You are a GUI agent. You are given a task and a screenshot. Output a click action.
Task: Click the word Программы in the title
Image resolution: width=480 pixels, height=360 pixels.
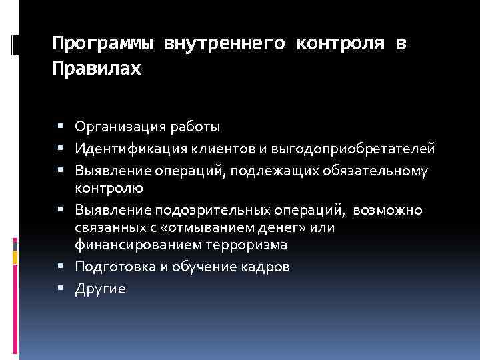click(103, 44)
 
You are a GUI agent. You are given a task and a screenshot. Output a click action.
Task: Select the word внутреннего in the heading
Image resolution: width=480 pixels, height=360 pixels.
click(223, 44)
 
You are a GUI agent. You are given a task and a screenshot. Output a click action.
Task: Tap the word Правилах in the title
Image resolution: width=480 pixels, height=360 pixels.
click(97, 69)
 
